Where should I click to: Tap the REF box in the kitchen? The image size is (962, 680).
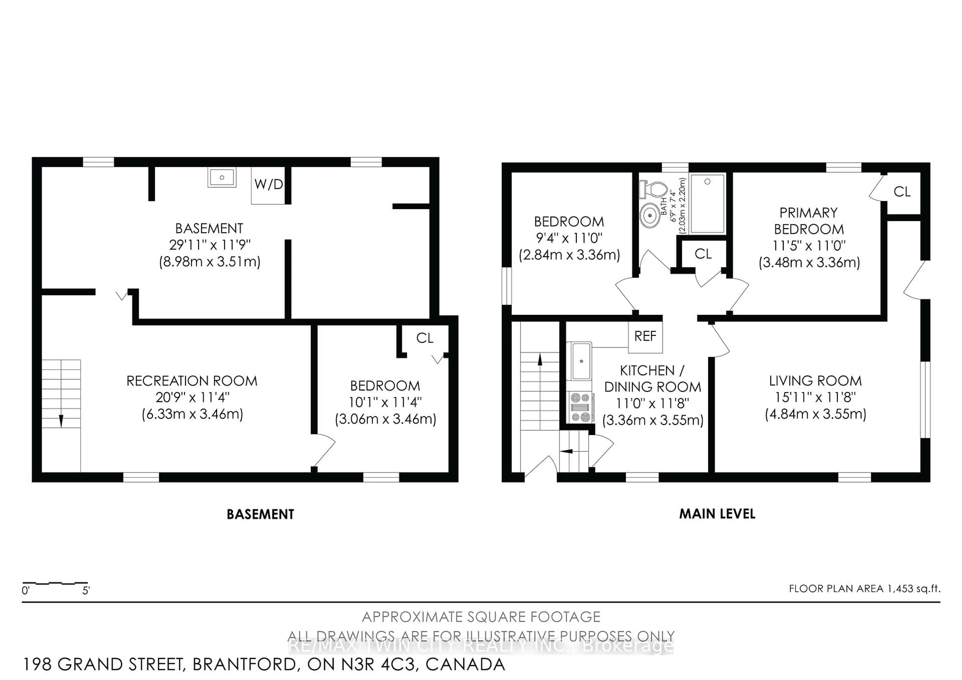pyautogui.click(x=645, y=336)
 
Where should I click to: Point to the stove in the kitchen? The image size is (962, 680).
pyautogui.click(x=580, y=406)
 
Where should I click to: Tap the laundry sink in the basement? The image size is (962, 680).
pyautogui.click(x=222, y=177)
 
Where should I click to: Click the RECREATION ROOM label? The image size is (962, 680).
pyautogui.click(x=192, y=381)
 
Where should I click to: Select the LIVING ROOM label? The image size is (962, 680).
pyautogui.click(x=815, y=381)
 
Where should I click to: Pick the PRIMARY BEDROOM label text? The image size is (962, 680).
pyautogui.click(x=809, y=221)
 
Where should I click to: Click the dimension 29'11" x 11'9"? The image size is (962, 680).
pyautogui.click(x=209, y=245)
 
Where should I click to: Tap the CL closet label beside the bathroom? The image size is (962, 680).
pyautogui.click(x=703, y=254)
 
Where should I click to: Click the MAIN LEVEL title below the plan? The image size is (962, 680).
pyautogui.click(x=717, y=514)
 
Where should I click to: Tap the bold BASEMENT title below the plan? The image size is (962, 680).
pyautogui.click(x=260, y=514)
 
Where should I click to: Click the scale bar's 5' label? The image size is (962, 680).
pyautogui.click(x=86, y=591)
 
